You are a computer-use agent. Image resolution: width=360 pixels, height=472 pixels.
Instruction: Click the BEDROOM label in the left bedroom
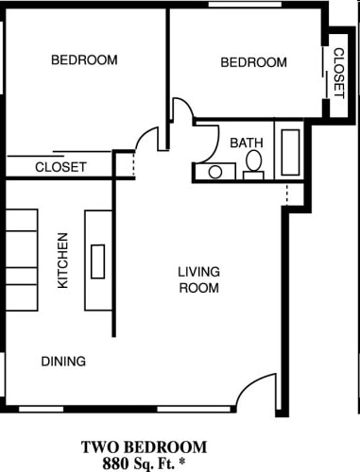tap(84, 60)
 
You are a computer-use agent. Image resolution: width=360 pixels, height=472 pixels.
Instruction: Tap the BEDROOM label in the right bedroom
tap(253, 62)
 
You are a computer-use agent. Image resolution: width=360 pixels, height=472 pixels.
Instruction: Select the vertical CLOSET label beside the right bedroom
tap(338, 73)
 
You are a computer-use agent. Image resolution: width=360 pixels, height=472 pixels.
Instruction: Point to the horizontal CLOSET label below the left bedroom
tap(60, 167)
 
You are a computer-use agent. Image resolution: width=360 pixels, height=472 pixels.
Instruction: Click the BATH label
tap(247, 143)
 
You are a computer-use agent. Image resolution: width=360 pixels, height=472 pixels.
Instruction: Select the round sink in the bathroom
tap(215, 172)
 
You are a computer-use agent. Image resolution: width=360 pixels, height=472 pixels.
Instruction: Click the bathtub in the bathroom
tap(289, 151)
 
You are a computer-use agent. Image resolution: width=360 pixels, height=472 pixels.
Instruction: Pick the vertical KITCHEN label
tap(63, 261)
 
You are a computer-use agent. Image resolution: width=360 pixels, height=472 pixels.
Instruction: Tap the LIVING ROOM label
tap(198, 279)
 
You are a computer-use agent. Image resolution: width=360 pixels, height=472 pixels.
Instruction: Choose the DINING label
tap(63, 361)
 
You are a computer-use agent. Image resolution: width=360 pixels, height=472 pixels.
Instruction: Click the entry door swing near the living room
tap(256, 394)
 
